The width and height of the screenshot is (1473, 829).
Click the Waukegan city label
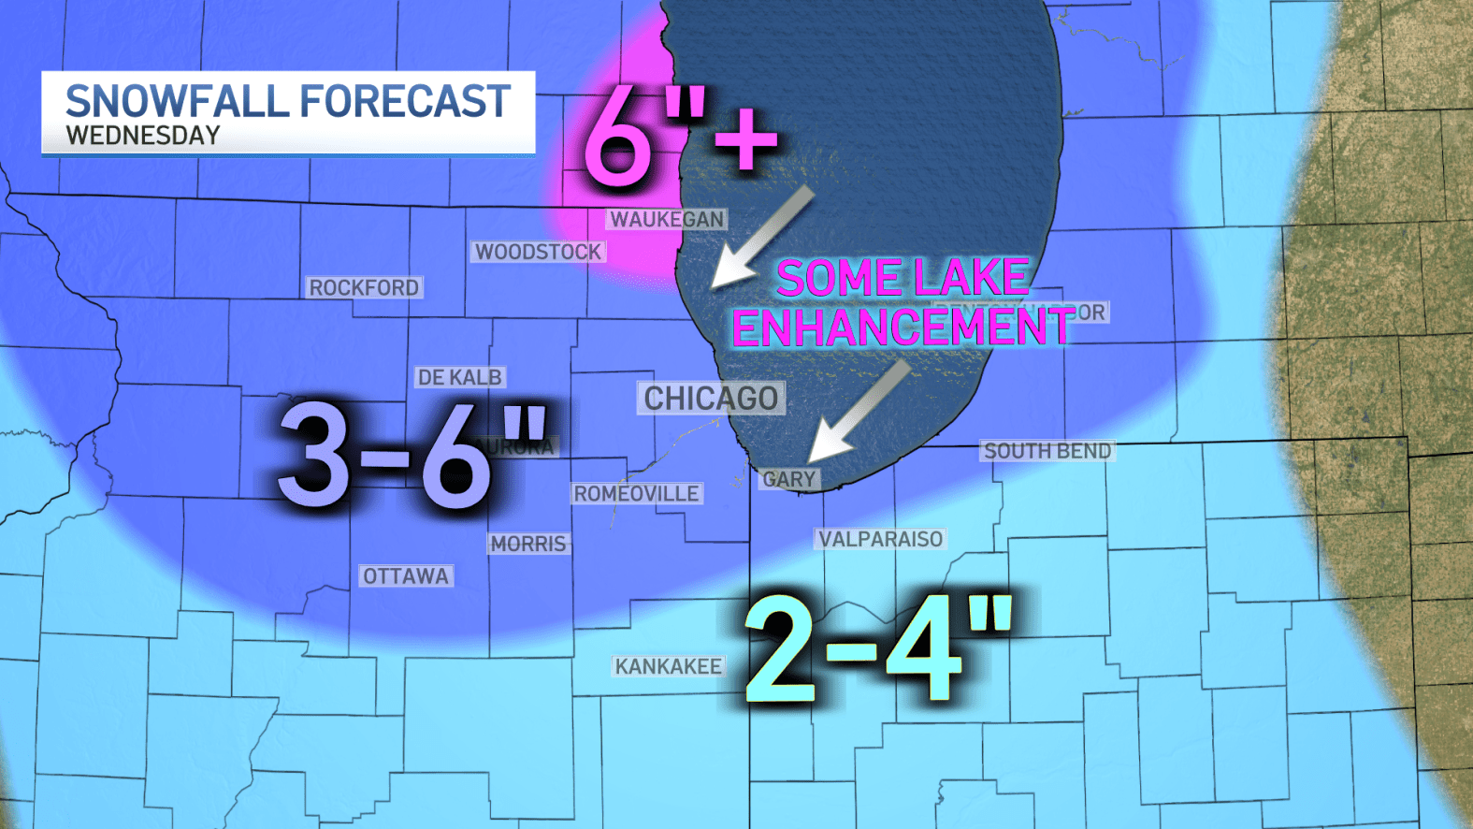pyautogui.click(x=667, y=219)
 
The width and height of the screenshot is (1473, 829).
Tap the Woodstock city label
pyautogui.click(x=538, y=252)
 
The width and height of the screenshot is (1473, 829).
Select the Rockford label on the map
pyautogui.click(x=364, y=288)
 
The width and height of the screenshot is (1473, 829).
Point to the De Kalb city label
pyautogui.click(x=459, y=378)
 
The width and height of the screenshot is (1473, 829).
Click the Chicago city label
pyautogui.click(x=711, y=399)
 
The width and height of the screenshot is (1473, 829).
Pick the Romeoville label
pyautogui.click(x=636, y=494)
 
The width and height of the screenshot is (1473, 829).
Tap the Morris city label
pyautogui.click(x=528, y=545)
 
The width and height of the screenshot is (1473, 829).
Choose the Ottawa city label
pyautogui.click(x=406, y=576)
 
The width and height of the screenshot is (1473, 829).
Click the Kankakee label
pyautogui.click(x=668, y=666)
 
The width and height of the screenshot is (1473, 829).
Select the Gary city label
pyautogui.click(x=788, y=479)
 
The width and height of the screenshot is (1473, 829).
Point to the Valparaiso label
pyautogui.click(x=880, y=539)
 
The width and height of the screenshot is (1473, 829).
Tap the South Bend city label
pyautogui.click(x=1047, y=451)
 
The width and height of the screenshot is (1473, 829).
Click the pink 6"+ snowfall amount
pyautogui.click(x=679, y=138)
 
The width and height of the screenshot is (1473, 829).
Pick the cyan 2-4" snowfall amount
pyautogui.click(x=877, y=649)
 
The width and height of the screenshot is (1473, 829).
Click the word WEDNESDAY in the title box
pyautogui.click(x=143, y=136)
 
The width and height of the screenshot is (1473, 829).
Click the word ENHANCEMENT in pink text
pyautogui.click(x=903, y=327)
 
